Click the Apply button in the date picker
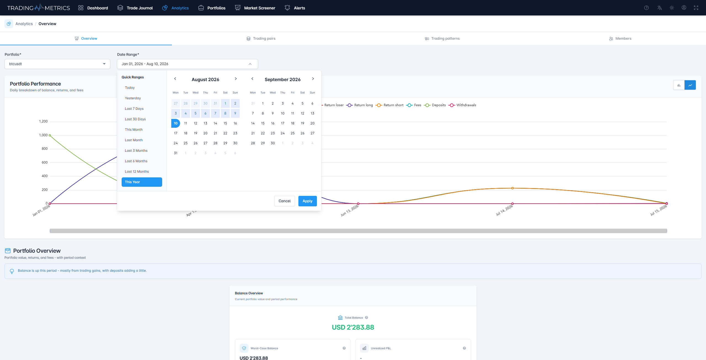pyautogui.click(x=307, y=201)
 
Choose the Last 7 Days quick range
pyautogui.click(x=134, y=109)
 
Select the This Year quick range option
pyautogui.click(x=142, y=182)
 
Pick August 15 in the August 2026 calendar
pyautogui.click(x=225, y=123)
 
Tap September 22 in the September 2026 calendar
pyautogui.click(x=263, y=133)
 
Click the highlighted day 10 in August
pyautogui.click(x=176, y=123)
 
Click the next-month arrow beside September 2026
pyautogui.click(x=313, y=79)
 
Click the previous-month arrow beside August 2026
pyautogui.click(x=175, y=79)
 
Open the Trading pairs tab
pyautogui.click(x=261, y=39)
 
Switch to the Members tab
pyautogui.click(x=620, y=39)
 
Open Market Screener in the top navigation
pyautogui.click(x=255, y=8)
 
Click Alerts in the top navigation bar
pyautogui.click(x=295, y=8)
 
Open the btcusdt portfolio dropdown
pyautogui.click(x=57, y=64)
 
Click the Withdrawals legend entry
pyautogui.click(x=462, y=105)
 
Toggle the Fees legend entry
pyautogui.click(x=414, y=105)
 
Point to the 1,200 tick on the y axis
pyautogui.click(x=43, y=121)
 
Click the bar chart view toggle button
pyautogui.click(x=679, y=85)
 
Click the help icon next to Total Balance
pyautogui.click(x=367, y=318)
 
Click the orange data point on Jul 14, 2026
pyautogui.click(x=512, y=188)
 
